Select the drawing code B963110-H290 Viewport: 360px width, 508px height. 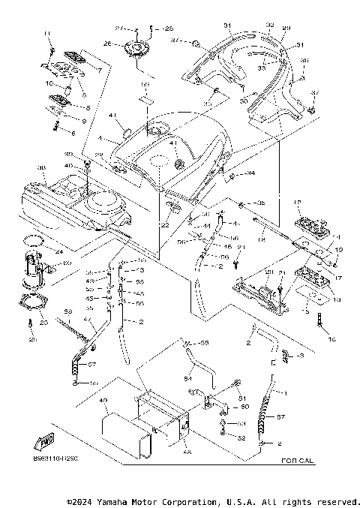click(55, 456)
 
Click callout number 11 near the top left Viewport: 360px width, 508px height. click(46, 35)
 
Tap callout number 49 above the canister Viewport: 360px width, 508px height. click(104, 401)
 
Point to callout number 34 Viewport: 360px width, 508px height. click(250, 173)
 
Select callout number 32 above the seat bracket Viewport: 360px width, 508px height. click(270, 25)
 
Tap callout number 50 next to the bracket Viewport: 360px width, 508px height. click(244, 406)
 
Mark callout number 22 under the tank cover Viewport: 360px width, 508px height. click(163, 225)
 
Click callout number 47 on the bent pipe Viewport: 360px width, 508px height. click(87, 320)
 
